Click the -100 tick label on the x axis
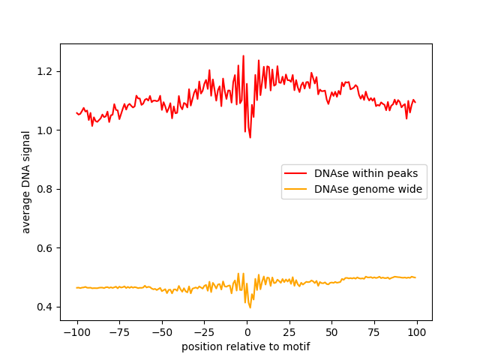tap(76, 332)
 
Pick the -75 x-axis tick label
tap(119, 332)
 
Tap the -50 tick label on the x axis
tap(161, 332)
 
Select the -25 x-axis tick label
tap(204, 332)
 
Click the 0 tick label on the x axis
tap(247, 332)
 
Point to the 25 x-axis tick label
tap(289, 332)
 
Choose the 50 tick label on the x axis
tap(331, 332)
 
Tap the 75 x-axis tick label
tap(374, 332)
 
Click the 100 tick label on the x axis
tap(417, 332)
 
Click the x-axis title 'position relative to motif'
tap(246, 346)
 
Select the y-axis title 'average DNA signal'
tap(26, 182)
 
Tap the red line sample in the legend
tap(298, 173)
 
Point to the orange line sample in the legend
tap(298, 190)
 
